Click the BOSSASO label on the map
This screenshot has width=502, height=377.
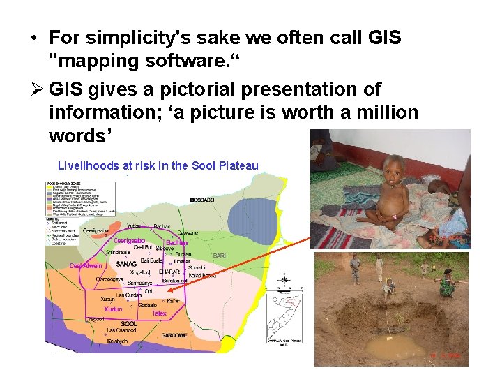coord(203,200)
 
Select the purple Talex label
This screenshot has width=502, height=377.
coord(159,314)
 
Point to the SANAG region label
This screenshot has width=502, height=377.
coord(126,264)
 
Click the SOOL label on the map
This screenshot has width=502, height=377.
coord(129,324)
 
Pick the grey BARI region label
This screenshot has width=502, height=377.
coord(219,256)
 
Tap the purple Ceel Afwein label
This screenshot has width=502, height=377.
coord(86,265)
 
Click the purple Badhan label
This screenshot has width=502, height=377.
coord(177,242)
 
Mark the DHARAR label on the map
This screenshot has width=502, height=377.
coord(169,271)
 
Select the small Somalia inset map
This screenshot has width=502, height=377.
coord(287,313)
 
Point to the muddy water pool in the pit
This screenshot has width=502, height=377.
coord(395,346)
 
